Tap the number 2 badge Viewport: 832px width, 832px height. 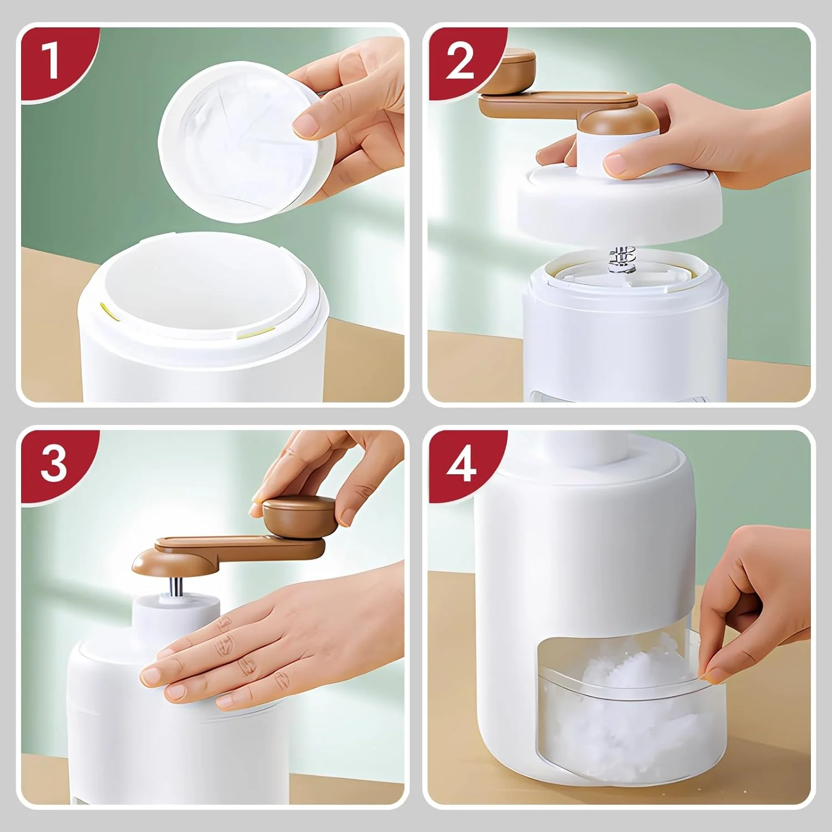coord(459,60)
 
